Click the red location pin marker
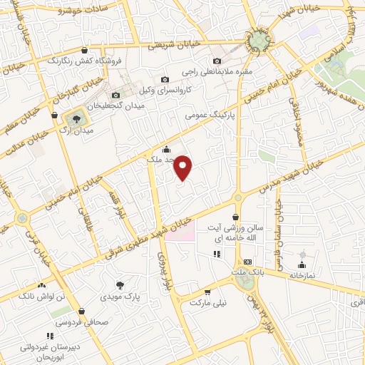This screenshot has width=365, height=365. pos(183,168)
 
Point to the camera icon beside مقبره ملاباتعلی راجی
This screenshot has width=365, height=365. pos(217,61)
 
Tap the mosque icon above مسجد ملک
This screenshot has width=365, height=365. pos(166,149)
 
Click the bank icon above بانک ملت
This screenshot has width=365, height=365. pos(247,262)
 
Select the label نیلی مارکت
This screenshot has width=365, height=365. pos(207,302)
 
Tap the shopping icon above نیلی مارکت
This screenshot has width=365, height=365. pos(207,292)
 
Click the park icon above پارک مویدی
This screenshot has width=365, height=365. pos(129,284)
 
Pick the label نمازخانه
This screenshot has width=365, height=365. pos(302,274)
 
